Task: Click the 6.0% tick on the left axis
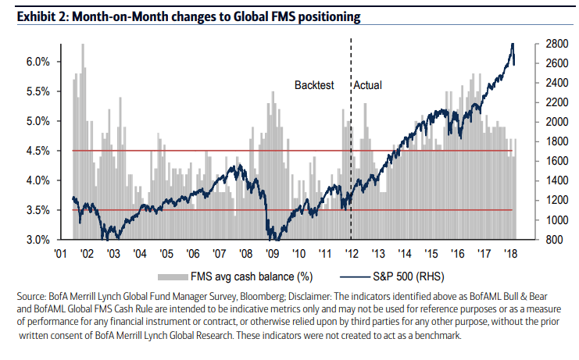[39, 61]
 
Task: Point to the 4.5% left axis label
[39, 151]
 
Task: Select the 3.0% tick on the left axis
[39, 240]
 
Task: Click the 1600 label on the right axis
[545, 161]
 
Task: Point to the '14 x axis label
[403, 254]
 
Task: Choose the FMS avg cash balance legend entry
[234, 276]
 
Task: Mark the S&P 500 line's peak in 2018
[512, 45]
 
